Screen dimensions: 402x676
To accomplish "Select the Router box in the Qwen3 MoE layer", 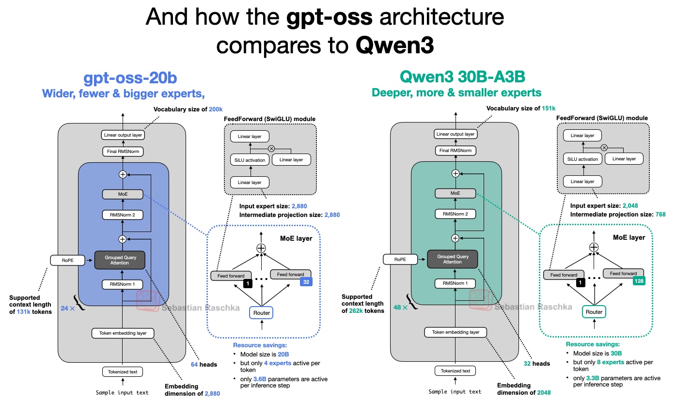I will pos(594,312).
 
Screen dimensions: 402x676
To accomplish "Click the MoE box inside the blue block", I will pos(122,194).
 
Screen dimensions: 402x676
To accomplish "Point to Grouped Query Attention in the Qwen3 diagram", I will pos(453,259).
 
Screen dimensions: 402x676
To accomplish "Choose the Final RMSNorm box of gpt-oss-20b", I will pos(122,152).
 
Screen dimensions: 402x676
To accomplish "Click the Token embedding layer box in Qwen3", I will pos(455,332).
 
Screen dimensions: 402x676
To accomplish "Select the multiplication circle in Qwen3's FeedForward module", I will pos(604,147).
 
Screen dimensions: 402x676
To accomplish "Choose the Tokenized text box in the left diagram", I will pos(122,372).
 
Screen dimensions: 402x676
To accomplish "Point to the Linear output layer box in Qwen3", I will pos(455,134).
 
